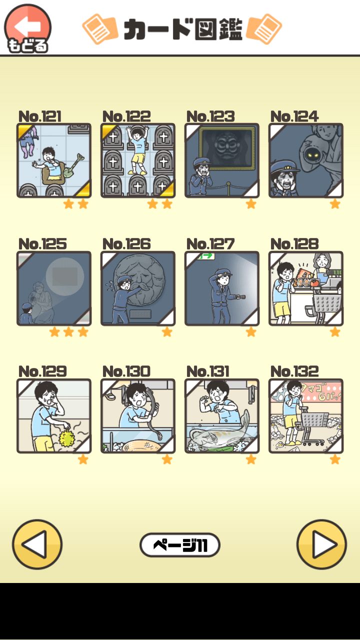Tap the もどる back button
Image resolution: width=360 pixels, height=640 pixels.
pyautogui.click(x=27, y=28)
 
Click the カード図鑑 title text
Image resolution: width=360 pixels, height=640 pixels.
pyautogui.click(x=183, y=29)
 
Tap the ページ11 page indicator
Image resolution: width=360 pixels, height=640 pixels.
pyautogui.click(x=180, y=545)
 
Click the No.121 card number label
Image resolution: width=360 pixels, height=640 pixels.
pyautogui.click(x=40, y=116)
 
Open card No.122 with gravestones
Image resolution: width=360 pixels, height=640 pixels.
pyautogui.click(x=138, y=160)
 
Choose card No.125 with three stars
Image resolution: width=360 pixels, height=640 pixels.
pyautogui.click(x=54, y=288)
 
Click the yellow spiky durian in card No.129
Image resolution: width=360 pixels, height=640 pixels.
pyautogui.click(x=66, y=437)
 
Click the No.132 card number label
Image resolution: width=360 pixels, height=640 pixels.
pyautogui.click(x=294, y=371)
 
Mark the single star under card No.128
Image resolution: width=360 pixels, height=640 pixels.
pyautogui.click(x=335, y=331)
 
